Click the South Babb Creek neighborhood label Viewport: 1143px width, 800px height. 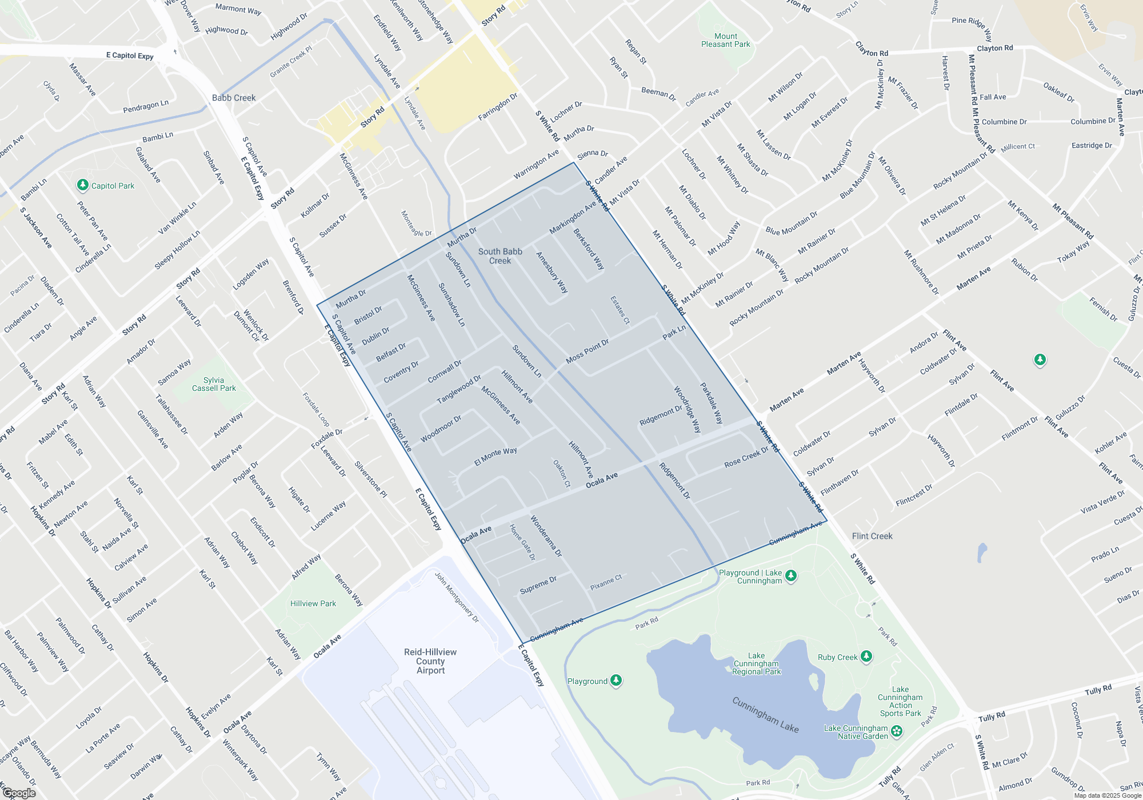500,256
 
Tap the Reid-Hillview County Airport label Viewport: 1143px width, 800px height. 430,661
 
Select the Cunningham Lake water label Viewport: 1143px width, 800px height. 765,714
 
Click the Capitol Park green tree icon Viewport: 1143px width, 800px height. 83,185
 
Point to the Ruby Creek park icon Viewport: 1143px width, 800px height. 866,657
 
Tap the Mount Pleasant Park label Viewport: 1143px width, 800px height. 725,40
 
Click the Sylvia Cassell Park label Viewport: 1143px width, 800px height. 214,384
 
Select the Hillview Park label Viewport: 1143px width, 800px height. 313,603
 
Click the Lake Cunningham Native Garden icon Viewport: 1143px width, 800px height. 897,731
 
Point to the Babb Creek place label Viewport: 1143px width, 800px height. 234,98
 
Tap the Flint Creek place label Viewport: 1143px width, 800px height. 872,536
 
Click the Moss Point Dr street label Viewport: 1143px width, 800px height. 588,351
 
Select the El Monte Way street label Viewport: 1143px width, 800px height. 495,456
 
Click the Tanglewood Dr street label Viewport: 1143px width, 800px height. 459,390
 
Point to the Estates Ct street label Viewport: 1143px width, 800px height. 620,310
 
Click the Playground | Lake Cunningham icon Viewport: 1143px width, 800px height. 791,575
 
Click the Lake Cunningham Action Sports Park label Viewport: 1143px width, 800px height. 900,701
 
